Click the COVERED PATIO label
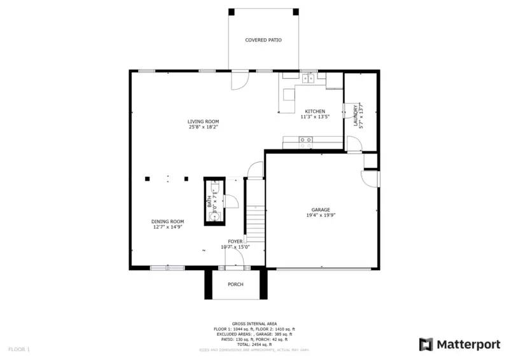263,40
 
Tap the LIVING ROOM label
203,121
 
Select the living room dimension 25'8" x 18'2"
203,127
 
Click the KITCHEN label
314,111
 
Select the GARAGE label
320,209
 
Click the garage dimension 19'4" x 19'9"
320,215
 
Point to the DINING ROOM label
168,221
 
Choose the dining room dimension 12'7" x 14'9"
168,227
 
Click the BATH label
209,202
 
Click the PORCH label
235,284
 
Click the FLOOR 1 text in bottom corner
18,349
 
